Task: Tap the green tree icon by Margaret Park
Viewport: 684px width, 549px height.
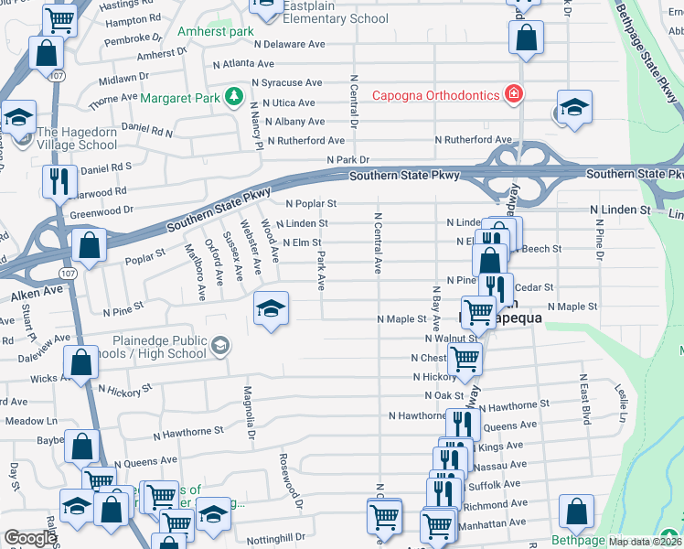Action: pyautogui.click(x=234, y=95)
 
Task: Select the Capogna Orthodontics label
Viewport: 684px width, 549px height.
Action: pyautogui.click(x=434, y=95)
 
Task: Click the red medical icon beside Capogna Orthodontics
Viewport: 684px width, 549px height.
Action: pyautogui.click(x=514, y=94)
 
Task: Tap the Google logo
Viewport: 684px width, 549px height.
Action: pyautogui.click(x=29, y=538)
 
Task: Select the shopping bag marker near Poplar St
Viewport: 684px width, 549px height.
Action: pyautogui.click(x=89, y=245)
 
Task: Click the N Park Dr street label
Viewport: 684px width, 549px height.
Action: pyautogui.click(x=348, y=159)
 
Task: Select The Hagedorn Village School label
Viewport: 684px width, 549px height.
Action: pyautogui.click(x=76, y=138)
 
